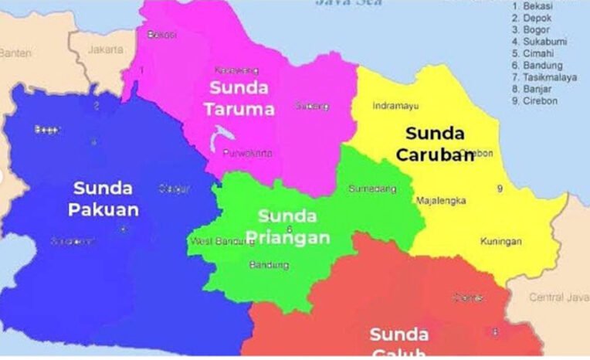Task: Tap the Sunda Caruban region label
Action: (x=435, y=144)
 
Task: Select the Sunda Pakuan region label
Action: (x=103, y=199)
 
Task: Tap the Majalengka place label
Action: (x=441, y=201)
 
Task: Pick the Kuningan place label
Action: (x=500, y=242)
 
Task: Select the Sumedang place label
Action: (x=372, y=188)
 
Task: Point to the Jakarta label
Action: (x=106, y=49)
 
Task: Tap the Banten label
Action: (x=15, y=53)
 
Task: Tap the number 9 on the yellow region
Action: (x=500, y=188)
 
